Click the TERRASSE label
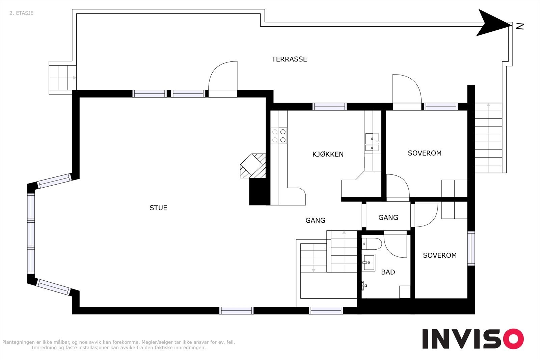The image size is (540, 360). click(289, 59)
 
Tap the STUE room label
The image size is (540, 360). click(158, 208)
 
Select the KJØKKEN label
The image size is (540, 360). click(328, 154)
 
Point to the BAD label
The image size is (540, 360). click(388, 272)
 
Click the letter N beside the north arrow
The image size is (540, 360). click(520, 26)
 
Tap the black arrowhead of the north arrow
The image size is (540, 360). click(493, 23)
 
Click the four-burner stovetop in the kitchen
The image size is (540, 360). click(279, 136)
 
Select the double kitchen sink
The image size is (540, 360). click(372, 142)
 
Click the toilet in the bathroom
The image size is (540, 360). click(372, 244)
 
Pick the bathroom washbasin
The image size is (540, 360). click(368, 262)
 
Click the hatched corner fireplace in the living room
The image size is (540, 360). click(253, 166)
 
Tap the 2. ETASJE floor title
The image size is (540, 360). click(22, 13)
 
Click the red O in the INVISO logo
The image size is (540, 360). click(513, 339)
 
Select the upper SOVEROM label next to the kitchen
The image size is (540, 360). click(425, 153)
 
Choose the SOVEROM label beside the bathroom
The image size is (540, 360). click(440, 255)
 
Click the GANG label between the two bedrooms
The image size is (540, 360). click(388, 218)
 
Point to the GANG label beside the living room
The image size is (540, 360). click(315, 220)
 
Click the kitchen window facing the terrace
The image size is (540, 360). click(329, 107)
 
